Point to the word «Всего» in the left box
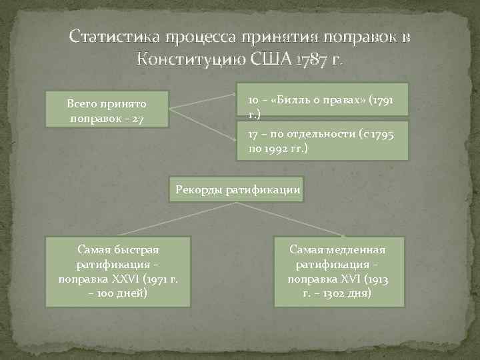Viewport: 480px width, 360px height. pyautogui.click(x=82, y=104)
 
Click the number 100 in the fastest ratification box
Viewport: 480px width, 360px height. pyautogui.click(x=107, y=293)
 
